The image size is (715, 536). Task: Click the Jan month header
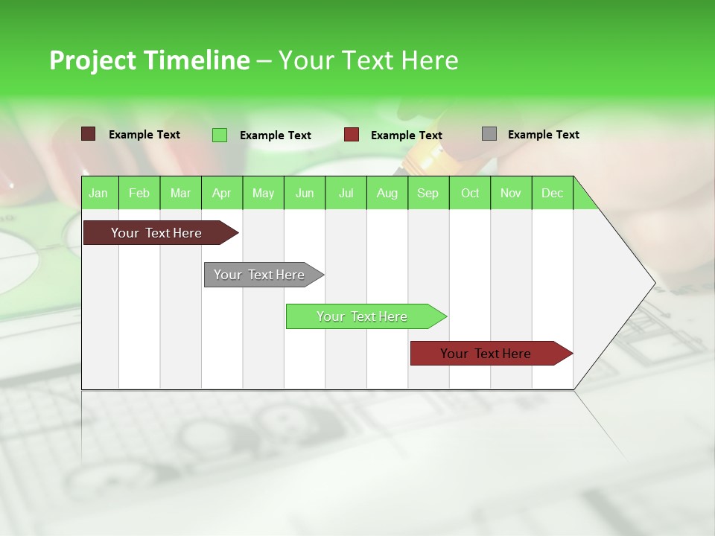pos(98,193)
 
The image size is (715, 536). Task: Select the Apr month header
pos(221,193)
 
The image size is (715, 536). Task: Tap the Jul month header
pos(346,193)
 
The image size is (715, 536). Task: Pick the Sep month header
pos(428,193)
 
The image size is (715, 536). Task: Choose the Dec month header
pos(552,193)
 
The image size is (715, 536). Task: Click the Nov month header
pos(510,193)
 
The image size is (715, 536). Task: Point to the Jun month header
pos(304,193)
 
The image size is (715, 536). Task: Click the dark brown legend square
pos(88,134)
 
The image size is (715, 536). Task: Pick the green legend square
pos(220,135)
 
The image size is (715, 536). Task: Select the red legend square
pos(352,135)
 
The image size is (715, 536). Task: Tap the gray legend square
pos(489,134)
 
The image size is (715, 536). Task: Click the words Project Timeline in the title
pos(149,60)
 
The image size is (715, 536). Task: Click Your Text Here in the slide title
pos(368,60)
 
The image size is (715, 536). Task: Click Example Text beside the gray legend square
pos(543,135)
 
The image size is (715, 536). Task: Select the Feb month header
pos(139,193)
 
